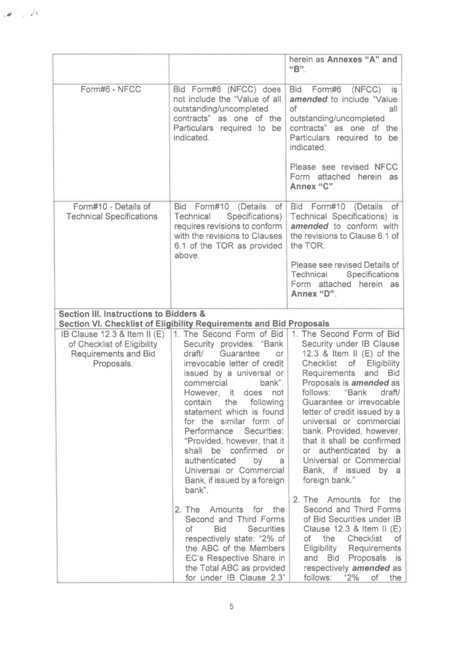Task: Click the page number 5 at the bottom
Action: (231, 607)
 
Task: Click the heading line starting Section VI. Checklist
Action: (193, 324)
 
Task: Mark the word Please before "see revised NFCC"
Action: (305, 167)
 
